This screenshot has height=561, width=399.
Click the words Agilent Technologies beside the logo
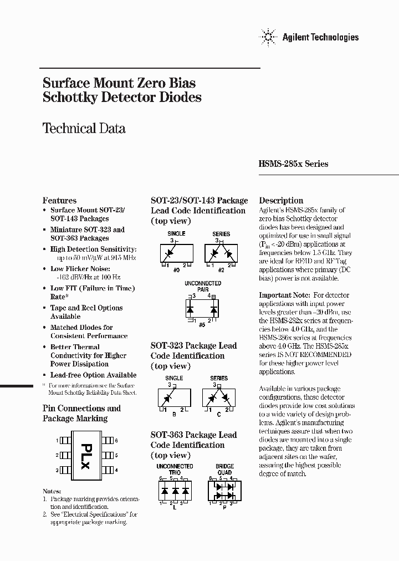pyautogui.click(x=320, y=37)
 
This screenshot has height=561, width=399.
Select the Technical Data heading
pyautogui.click(x=84, y=128)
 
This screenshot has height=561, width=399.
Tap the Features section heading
pyautogui.click(x=59, y=200)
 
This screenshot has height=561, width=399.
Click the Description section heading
pyautogui.click(x=281, y=200)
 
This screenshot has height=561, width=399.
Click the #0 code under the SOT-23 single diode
pyautogui.click(x=177, y=269)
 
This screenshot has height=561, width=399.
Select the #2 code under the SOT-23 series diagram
pyautogui.click(x=221, y=269)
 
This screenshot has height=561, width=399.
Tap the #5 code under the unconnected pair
pyautogui.click(x=202, y=323)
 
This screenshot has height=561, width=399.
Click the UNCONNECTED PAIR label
pyautogui.click(x=202, y=286)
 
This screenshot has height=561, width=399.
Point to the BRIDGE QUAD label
pyautogui.click(x=225, y=470)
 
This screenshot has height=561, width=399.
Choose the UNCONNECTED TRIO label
pyautogui.click(x=175, y=470)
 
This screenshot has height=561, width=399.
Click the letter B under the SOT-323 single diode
pyautogui.click(x=175, y=413)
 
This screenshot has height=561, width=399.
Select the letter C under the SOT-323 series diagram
pyautogui.click(x=219, y=413)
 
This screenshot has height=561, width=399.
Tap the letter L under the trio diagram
pyautogui.click(x=175, y=507)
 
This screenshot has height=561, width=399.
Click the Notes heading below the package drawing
pyautogui.click(x=52, y=491)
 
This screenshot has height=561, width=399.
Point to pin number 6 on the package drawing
pyautogui.click(x=116, y=440)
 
